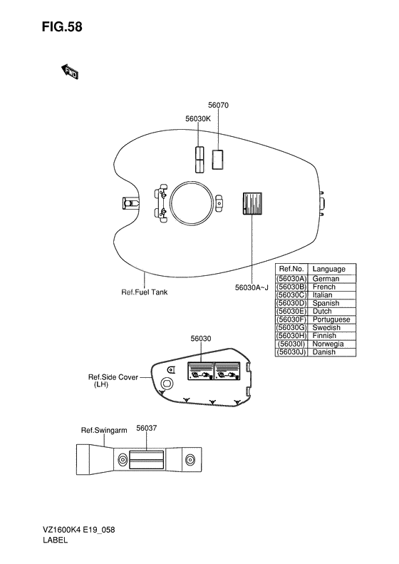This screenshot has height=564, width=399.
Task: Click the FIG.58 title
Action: (62, 27)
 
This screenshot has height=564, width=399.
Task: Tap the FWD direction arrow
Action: (69, 71)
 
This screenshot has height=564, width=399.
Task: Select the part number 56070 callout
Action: (218, 105)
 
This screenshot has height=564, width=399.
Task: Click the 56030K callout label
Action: (198, 118)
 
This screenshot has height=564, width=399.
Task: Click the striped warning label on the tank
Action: (252, 203)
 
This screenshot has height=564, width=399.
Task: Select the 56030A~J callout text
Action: (252, 288)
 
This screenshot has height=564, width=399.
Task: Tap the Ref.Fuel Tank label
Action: (145, 292)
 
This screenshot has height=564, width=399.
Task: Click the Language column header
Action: (329, 269)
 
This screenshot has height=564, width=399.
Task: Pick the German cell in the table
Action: (326, 279)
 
